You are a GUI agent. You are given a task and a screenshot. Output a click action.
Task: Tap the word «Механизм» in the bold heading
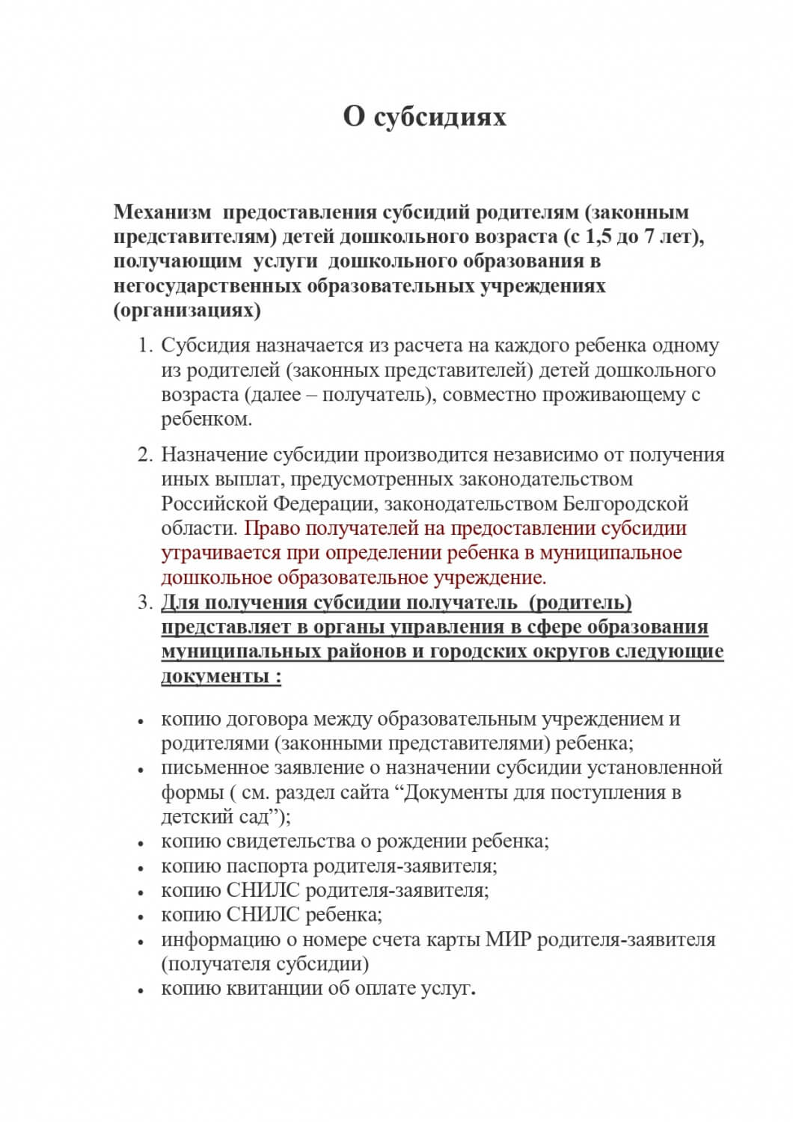[162, 212]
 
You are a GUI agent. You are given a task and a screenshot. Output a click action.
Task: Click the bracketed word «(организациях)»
[187, 311]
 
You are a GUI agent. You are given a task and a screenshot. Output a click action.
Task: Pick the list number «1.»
[145, 346]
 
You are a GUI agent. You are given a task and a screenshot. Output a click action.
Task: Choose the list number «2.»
[145, 456]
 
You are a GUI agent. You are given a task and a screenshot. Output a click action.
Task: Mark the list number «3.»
[145, 603]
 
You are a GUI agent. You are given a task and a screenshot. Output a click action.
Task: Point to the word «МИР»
[506, 939]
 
